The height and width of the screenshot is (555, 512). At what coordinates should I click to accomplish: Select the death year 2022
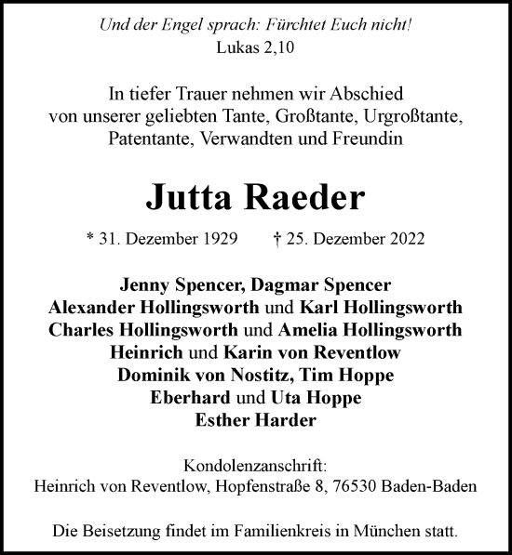tap(406, 239)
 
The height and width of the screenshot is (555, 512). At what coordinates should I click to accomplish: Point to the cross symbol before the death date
tap(279, 239)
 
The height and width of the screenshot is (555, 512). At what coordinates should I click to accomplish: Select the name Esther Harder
tap(256, 420)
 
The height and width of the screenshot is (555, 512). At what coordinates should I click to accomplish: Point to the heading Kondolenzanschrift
tap(255, 466)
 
